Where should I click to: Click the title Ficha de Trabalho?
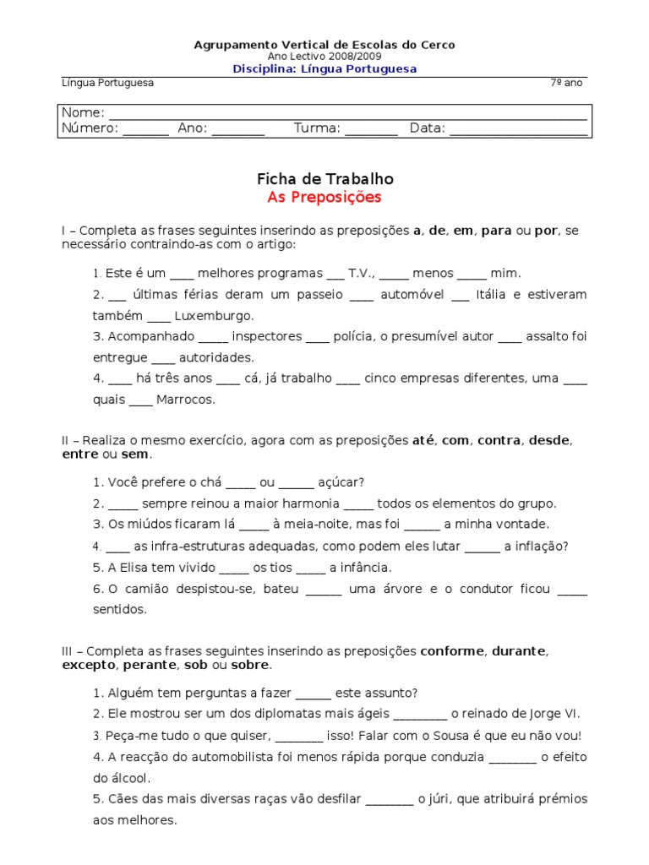tap(324, 179)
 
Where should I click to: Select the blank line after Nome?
tap(347, 114)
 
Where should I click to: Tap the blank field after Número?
tap(147, 129)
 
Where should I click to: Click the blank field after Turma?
tap(371, 129)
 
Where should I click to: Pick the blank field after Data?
tap(518, 129)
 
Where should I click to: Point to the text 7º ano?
tap(565, 83)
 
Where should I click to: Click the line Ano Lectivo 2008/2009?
tap(324, 57)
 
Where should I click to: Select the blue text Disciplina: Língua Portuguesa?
tap(324, 69)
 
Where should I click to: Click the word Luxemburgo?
tap(214, 316)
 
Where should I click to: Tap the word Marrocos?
tap(186, 400)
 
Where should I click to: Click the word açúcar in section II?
tap(341, 482)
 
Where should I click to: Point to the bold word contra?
tap(499, 440)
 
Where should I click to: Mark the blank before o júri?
tap(390, 799)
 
